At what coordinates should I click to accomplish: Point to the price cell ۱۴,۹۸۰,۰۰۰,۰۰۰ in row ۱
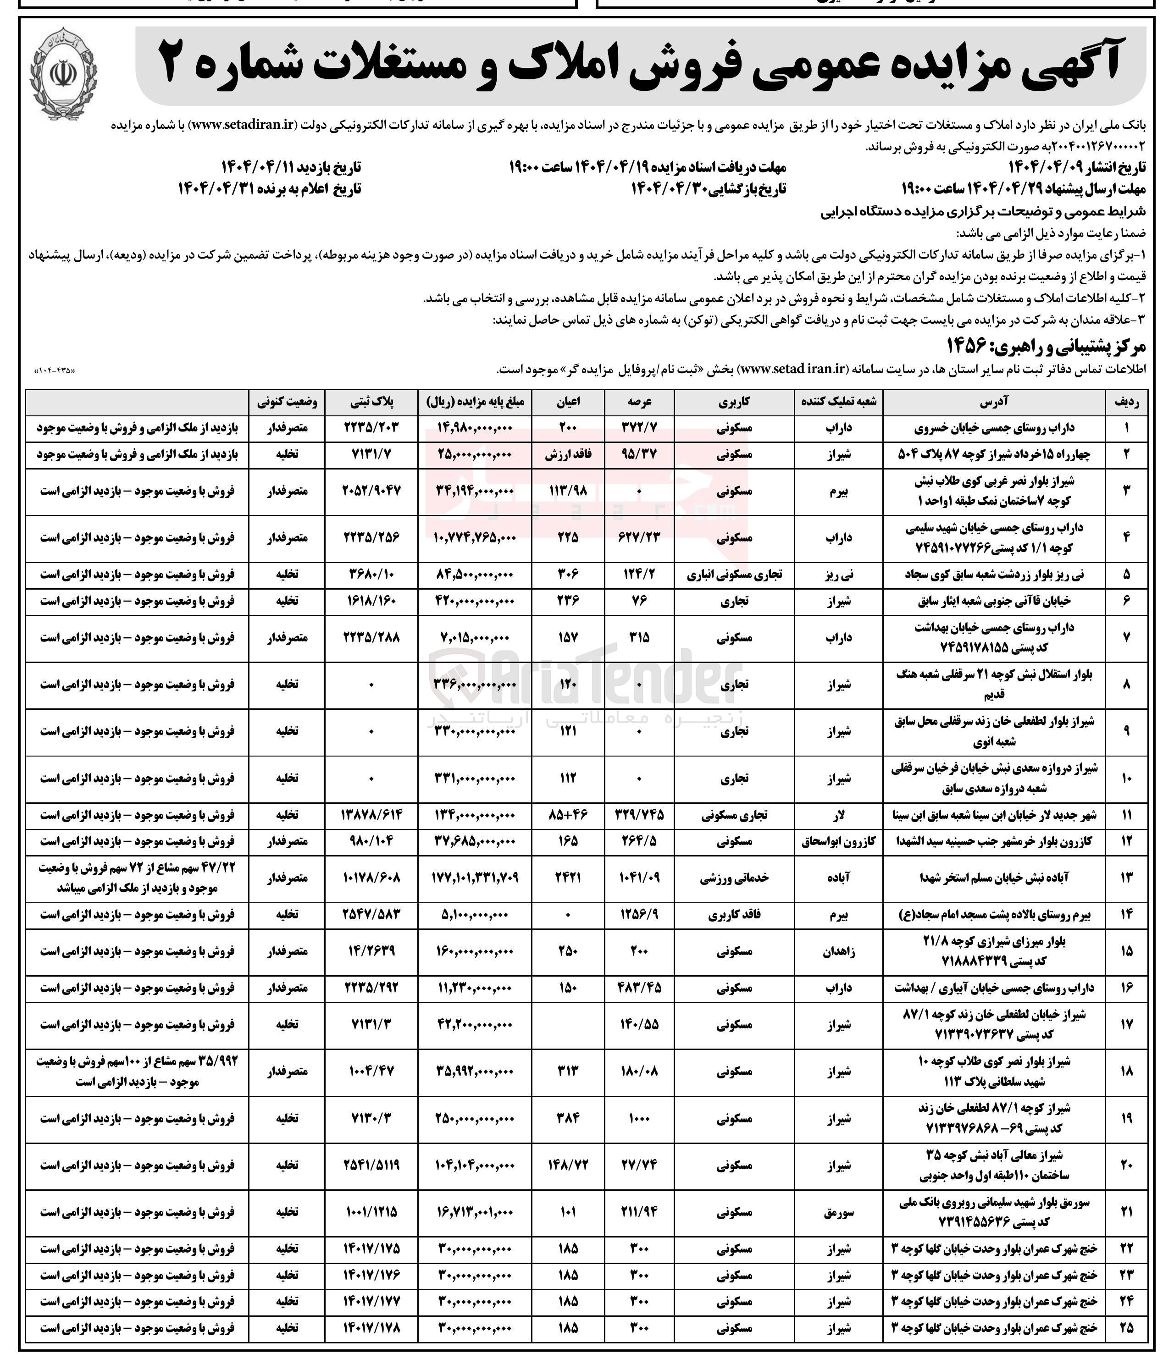[475, 428]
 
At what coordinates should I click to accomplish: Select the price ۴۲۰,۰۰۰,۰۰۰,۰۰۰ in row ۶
[475, 601]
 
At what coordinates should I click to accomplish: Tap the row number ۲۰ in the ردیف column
[1126, 1165]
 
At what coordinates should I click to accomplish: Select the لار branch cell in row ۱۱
[839, 815]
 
